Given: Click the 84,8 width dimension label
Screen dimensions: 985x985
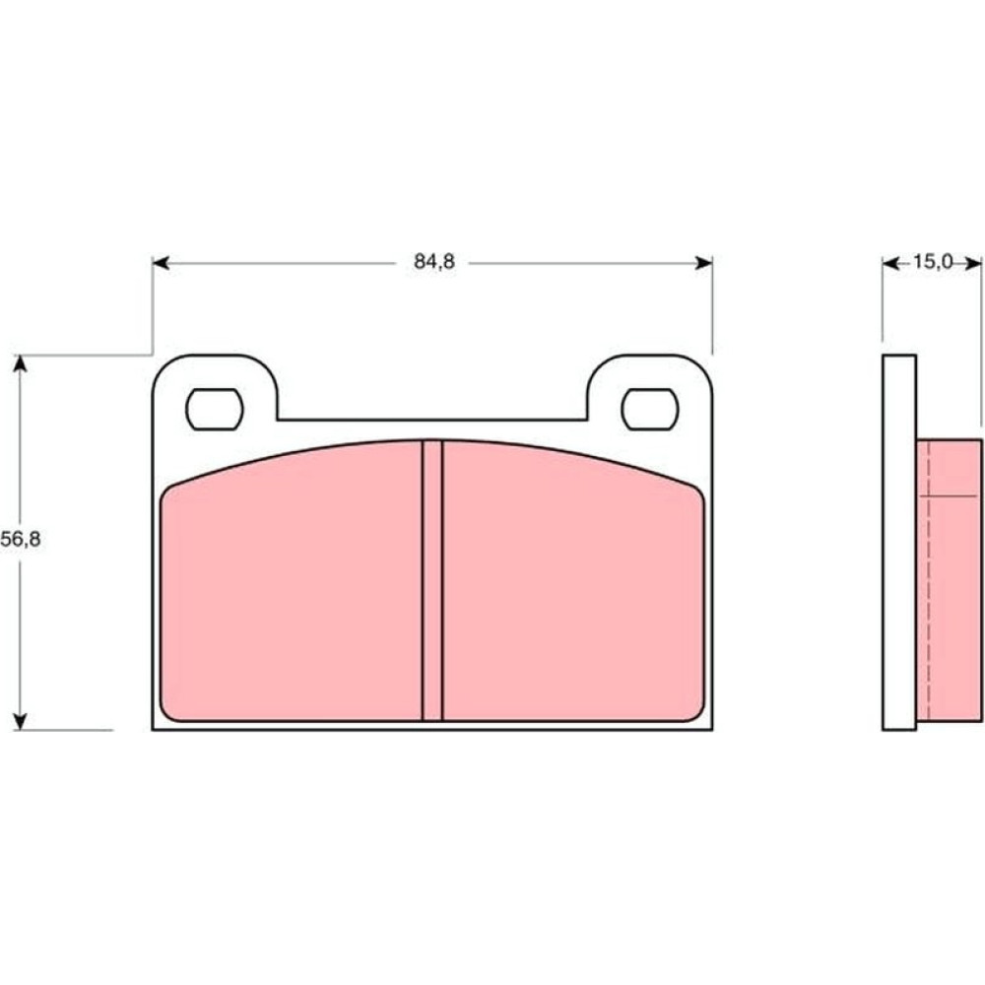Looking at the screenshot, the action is [434, 262].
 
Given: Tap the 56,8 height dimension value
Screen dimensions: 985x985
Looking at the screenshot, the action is [21, 539].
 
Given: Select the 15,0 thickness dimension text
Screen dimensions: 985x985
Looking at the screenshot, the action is [933, 262].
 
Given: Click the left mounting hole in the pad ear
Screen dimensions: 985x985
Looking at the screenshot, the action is [214, 410].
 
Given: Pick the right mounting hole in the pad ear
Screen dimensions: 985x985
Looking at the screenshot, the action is [649, 410].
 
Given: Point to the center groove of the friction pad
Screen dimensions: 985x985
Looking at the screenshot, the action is [432, 580].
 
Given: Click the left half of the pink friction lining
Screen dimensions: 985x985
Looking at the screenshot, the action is [292, 584].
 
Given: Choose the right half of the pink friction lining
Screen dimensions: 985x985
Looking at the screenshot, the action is [573, 584].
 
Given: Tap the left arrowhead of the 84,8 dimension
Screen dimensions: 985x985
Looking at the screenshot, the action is [161, 263].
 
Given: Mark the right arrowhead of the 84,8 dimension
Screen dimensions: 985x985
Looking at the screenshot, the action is [704, 263].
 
